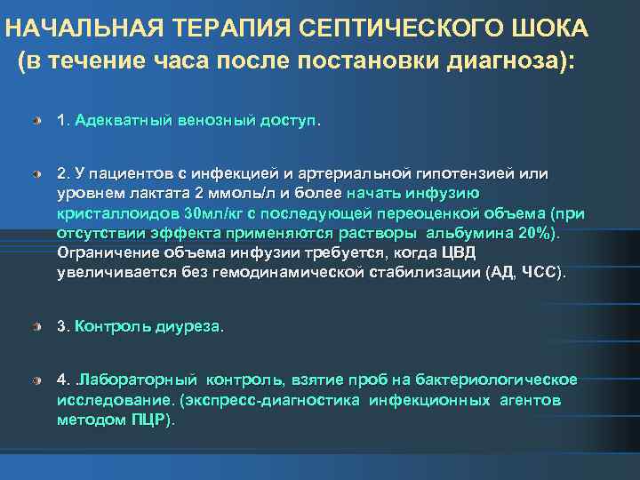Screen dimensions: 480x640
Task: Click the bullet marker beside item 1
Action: pos(36,119)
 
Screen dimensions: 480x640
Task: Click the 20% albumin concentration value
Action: pos(534,232)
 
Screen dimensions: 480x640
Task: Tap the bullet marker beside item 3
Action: pos(36,327)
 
